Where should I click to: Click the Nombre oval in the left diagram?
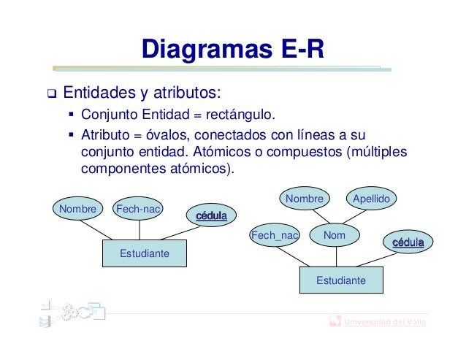[x=77, y=210]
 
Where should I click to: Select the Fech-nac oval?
[x=138, y=210]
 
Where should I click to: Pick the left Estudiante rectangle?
[x=144, y=253]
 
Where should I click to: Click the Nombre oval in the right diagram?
[x=304, y=199]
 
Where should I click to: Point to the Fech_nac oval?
[x=275, y=235]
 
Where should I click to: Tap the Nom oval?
[x=334, y=235]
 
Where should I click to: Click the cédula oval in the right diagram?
[x=408, y=242]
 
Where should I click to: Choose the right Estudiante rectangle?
[x=340, y=280]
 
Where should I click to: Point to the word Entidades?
[x=97, y=93]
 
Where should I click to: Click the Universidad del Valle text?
[x=386, y=322]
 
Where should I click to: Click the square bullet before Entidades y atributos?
[x=50, y=94]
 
